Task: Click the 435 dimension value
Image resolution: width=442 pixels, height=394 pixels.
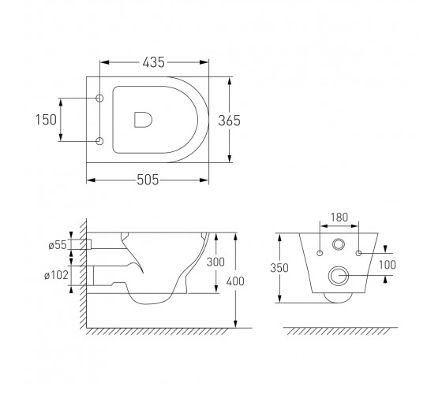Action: tap(153, 62)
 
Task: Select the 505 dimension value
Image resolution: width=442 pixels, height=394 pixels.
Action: tap(148, 180)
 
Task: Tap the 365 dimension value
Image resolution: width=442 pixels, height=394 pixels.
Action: tap(229, 121)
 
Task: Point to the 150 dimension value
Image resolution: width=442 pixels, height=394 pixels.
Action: tap(46, 120)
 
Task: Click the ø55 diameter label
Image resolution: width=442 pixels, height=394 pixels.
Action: tap(58, 245)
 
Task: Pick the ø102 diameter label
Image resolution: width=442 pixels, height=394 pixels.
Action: tap(56, 275)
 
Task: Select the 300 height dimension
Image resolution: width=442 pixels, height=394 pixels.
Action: tap(215, 262)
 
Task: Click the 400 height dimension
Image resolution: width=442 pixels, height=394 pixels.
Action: tap(235, 281)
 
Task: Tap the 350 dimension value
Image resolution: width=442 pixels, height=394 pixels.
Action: tap(279, 268)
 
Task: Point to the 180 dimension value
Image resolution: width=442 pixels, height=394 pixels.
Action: tap(339, 217)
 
